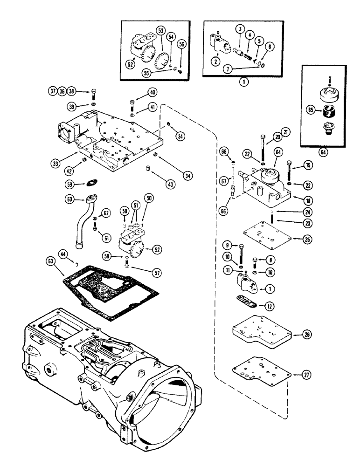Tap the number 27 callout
(305, 374)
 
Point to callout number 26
(305, 335)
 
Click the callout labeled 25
(305, 240)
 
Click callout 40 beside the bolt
(152, 91)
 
